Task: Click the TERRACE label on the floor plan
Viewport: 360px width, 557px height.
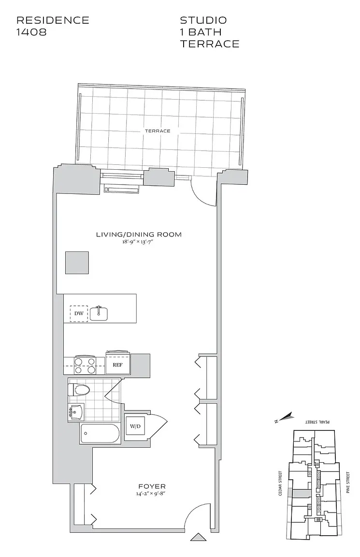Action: click(x=158, y=131)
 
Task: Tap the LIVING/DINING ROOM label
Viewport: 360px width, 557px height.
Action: click(x=139, y=235)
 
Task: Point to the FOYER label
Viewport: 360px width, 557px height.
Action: click(x=152, y=486)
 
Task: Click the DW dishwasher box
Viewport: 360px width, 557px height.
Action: click(x=79, y=313)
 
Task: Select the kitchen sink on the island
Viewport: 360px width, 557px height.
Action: click(x=99, y=313)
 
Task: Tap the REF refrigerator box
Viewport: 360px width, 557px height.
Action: click(x=117, y=364)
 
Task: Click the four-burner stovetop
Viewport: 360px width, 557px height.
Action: click(x=85, y=365)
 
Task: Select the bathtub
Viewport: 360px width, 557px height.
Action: click(x=100, y=433)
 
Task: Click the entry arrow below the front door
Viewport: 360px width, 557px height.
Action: click(x=199, y=537)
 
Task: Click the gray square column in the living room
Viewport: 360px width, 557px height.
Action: click(x=77, y=263)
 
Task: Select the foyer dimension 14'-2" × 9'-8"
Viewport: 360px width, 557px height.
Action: click(x=152, y=494)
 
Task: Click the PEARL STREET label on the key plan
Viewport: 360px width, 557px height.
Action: click(x=318, y=422)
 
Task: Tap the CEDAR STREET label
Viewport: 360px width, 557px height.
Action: click(x=280, y=483)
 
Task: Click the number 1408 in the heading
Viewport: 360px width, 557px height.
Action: click(x=31, y=32)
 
